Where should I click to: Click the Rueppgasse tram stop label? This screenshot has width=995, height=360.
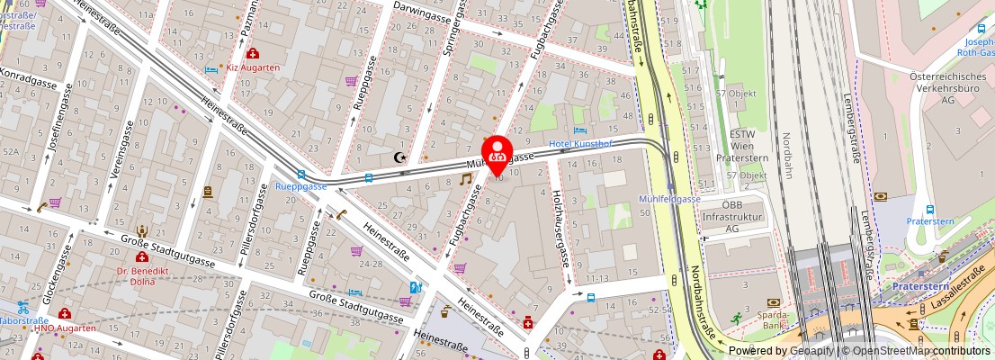[x=300, y=187]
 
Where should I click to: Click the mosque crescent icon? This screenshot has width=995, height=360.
[x=399, y=157]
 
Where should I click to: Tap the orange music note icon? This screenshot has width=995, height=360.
[x=465, y=179]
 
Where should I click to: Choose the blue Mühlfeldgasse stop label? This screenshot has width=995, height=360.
[x=668, y=199]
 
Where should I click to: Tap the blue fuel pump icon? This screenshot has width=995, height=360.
[x=416, y=288]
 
